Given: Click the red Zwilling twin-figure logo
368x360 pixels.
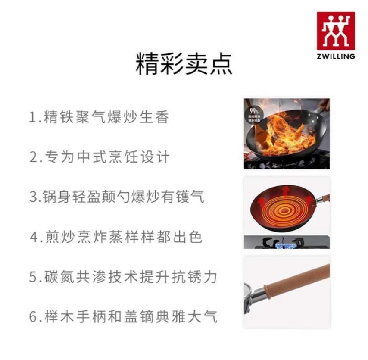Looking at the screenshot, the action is point(336,31).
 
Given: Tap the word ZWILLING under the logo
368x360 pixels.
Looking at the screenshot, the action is point(336,56).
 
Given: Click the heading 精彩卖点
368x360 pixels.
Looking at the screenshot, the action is point(184,64).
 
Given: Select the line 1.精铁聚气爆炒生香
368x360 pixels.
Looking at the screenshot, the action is point(99,117).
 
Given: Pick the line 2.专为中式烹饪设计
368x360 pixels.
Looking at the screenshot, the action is point(99,157).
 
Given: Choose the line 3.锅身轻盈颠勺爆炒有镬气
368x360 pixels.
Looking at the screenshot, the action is point(117,197).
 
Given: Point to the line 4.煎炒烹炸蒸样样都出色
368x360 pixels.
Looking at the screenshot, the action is point(116,237).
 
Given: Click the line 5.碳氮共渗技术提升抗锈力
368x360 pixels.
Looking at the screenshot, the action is point(123,277).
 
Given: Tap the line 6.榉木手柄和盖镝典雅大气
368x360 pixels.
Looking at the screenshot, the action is point(123,317).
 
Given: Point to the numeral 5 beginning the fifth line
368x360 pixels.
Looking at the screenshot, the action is point(33,277).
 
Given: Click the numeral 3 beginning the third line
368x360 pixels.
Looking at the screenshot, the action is point(33,197).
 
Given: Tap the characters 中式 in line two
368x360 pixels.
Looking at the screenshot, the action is point(91,157).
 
